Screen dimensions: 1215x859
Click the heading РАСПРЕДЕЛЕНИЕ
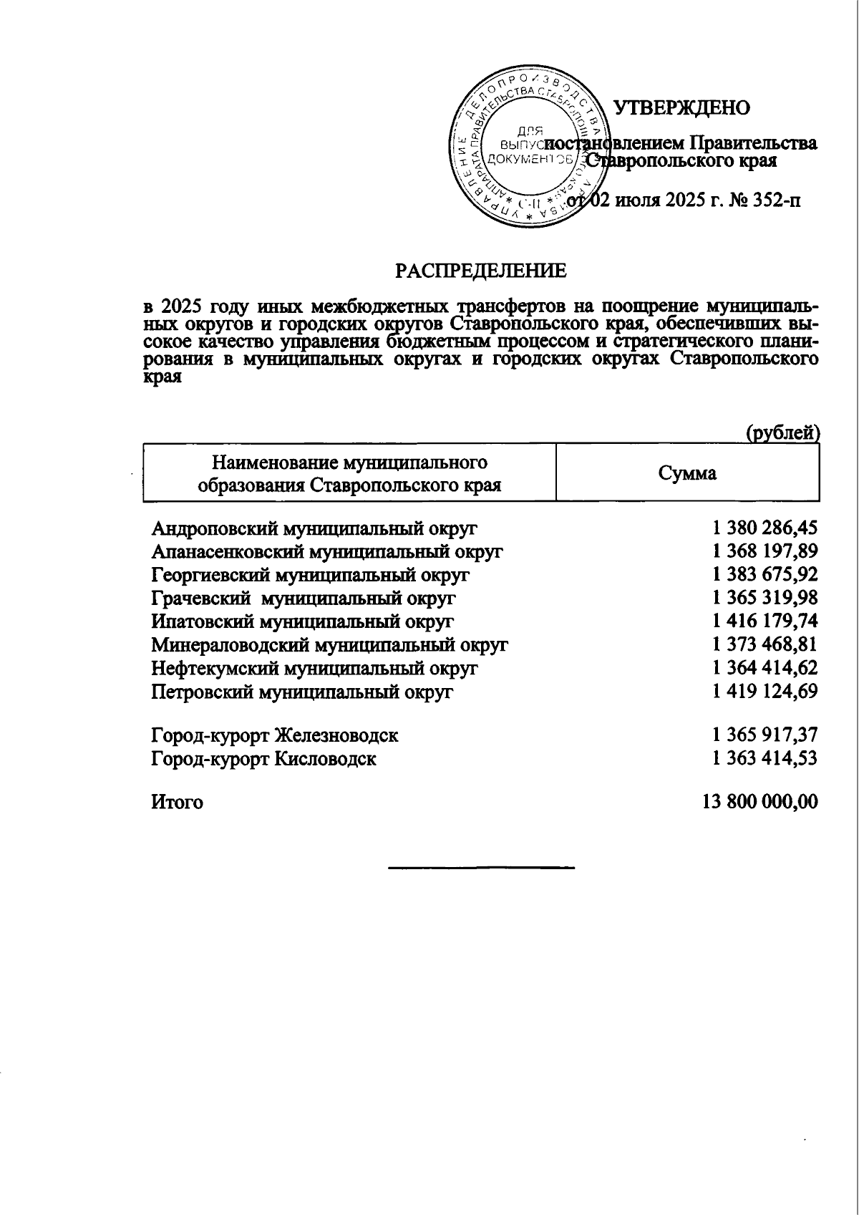(481, 271)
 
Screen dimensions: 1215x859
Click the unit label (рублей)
(782, 433)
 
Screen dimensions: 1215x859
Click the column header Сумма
(687, 473)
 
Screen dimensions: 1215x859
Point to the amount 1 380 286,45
(765, 529)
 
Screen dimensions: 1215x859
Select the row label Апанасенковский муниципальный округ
(327, 552)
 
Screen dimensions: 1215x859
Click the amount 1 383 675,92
(765, 575)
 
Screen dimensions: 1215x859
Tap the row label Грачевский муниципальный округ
(304, 599)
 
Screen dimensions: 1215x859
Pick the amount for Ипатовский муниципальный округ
(765, 621)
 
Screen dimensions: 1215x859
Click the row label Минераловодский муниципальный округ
(329, 645)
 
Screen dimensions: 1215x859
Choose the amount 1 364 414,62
(765, 668)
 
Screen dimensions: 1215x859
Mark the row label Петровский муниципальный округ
(302, 692)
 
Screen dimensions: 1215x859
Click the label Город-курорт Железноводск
(275, 735)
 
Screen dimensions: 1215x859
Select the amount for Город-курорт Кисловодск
(765, 758)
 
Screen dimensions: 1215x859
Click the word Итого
(177, 803)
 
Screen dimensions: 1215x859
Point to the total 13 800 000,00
(759, 802)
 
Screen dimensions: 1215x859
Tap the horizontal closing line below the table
(481, 868)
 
